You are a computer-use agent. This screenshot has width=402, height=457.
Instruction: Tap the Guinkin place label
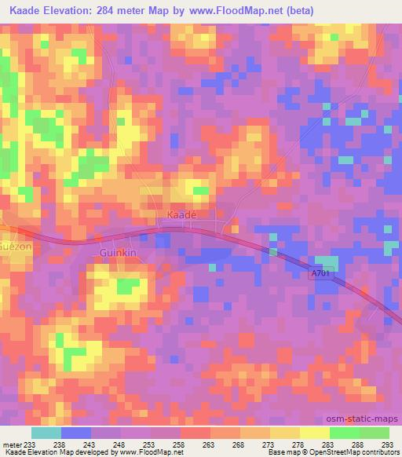(119, 252)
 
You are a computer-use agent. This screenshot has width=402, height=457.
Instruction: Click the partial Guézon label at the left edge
(14, 244)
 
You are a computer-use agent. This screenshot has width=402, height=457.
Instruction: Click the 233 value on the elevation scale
(31, 444)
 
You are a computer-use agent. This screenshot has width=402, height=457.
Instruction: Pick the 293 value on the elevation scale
(388, 444)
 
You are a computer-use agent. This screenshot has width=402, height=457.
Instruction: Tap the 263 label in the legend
(210, 444)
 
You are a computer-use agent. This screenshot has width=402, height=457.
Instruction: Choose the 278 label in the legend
(299, 444)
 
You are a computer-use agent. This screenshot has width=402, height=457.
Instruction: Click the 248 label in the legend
(121, 444)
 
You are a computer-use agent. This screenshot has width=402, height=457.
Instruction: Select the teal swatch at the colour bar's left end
(46, 433)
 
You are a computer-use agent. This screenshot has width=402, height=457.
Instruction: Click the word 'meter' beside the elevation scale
(11, 444)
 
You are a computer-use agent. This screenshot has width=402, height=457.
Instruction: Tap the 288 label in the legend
(358, 444)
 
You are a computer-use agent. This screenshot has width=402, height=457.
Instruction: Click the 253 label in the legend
(151, 444)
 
